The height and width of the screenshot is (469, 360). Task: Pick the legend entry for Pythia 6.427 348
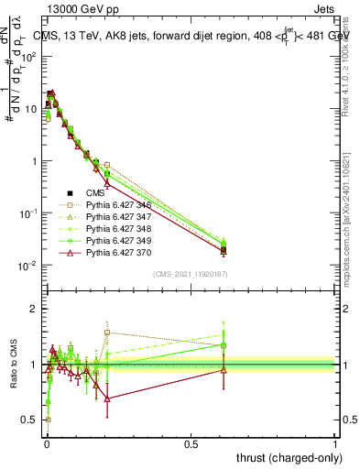coord(115,234)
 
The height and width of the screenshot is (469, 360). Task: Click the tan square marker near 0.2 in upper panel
coord(107,165)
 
